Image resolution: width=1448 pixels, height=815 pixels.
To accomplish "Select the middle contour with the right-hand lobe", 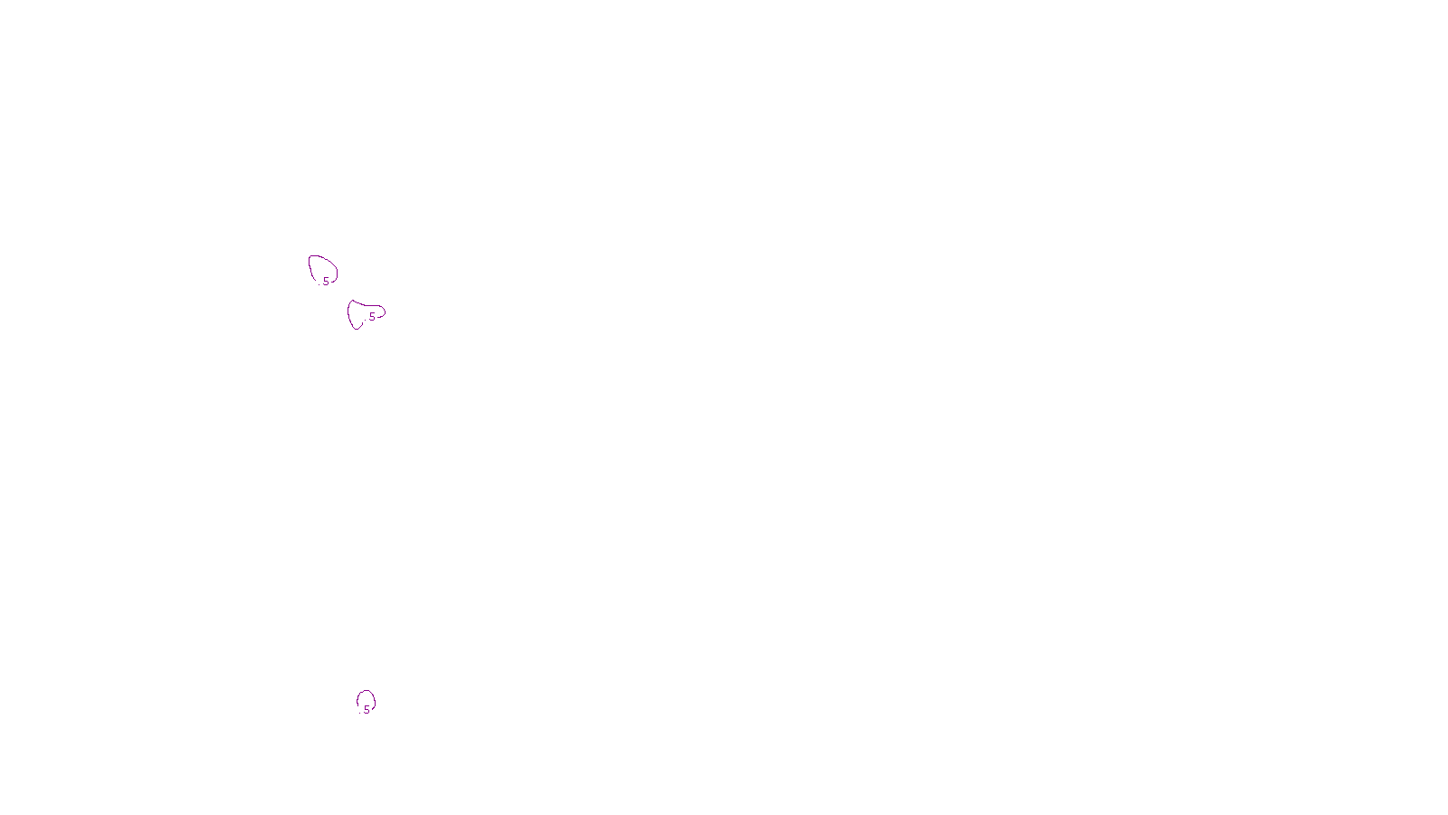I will [x=363, y=313].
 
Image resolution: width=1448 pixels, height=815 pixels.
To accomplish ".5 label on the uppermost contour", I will [x=325, y=282].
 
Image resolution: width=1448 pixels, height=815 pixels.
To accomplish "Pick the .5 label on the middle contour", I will [x=370, y=317].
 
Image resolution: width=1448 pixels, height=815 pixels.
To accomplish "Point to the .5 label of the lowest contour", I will [x=366, y=710].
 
